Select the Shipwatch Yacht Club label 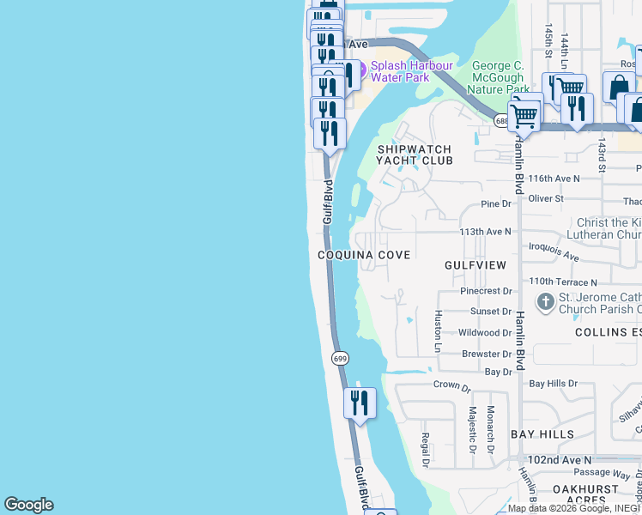(x=415, y=154)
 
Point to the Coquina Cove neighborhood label (x=365, y=255)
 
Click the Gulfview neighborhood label (x=475, y=265)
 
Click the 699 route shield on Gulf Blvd (x=340, y=357)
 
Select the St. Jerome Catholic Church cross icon (x=545, y=302)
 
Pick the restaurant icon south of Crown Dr (x=360, y=403)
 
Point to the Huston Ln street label (x=438, y=331)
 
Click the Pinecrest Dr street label (x=486, y=292)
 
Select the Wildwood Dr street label (x=485, y=332)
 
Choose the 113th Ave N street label (x=485, y=232)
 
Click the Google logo (x=28, y=505)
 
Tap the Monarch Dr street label (x=491, y=429)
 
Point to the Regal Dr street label (x=425, y=450)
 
